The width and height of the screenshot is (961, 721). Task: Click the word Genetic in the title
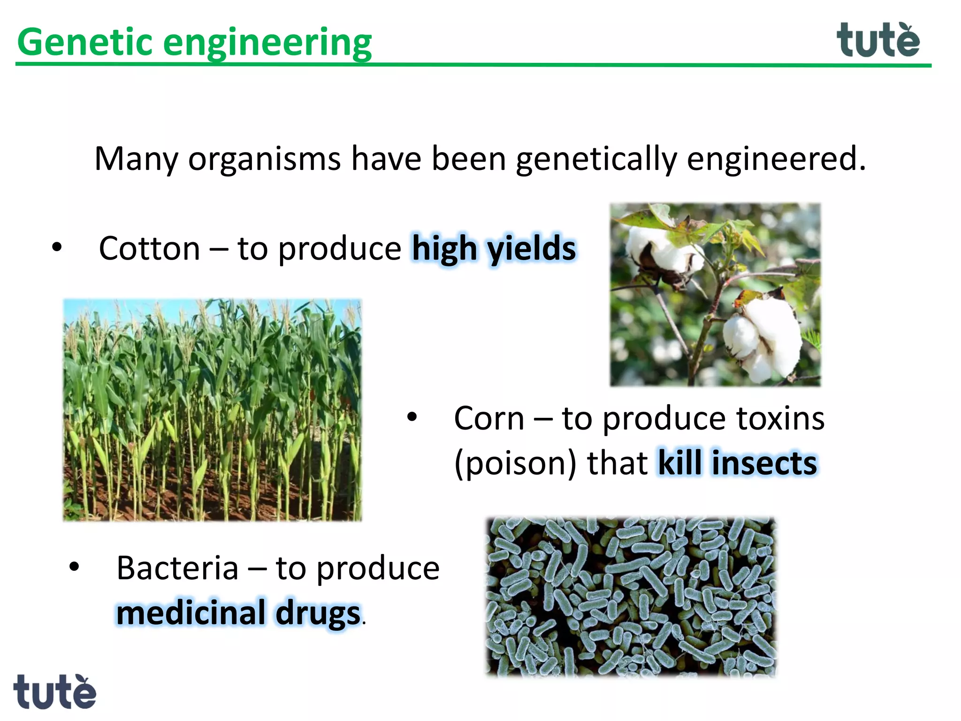84,42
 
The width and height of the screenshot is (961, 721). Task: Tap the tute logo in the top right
877,40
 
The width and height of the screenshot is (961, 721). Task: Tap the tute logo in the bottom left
54,692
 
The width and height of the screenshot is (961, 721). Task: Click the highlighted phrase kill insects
738,463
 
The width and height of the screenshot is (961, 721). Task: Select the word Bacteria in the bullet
177,568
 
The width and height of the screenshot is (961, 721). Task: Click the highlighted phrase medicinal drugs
238,613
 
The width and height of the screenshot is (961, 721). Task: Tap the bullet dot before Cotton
57,247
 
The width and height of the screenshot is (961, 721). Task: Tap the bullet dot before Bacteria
74,567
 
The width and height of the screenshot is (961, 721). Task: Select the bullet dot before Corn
412,417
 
